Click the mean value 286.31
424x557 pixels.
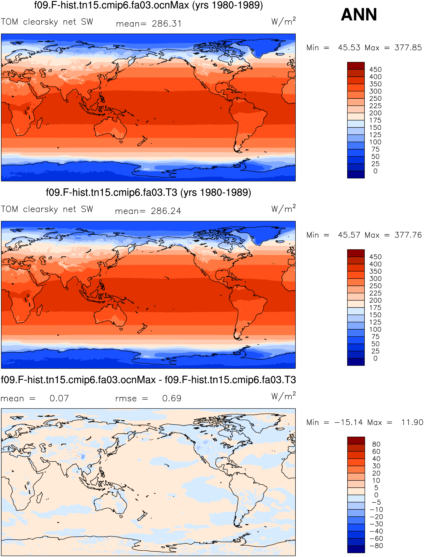[x=167, y=24]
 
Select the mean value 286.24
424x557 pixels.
[x=166, y=211]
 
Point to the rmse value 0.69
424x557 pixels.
[x=172, y=398]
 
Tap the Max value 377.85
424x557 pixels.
[x=408, y=47]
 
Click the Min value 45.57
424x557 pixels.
[x=349, y=235]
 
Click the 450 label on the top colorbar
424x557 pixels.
[x=375, y=69]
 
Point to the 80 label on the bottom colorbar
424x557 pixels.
[x=376, y=444]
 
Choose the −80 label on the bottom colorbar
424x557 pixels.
[x=376, y=546]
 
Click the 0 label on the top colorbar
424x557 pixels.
[x=375, y=171]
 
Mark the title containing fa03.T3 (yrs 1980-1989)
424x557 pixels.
[x=148, y=192]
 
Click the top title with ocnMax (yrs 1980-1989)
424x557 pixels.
[x=148, y=5]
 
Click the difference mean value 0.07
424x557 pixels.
[x=59, y=398]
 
